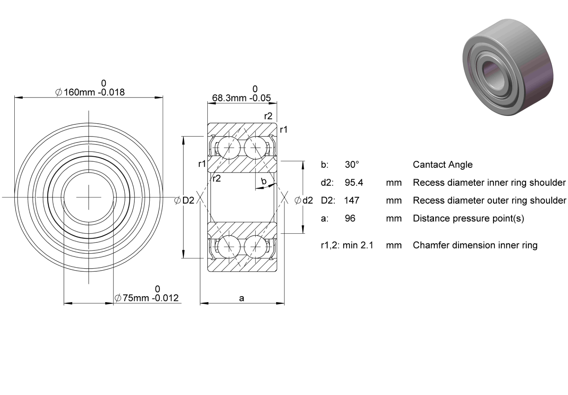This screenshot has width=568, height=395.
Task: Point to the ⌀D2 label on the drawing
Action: pos(184,200)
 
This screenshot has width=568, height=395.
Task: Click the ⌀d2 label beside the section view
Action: pos(304,200)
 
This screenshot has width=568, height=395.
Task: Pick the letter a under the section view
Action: pos(241,298)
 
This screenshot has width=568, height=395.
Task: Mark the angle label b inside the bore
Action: pos(264,181)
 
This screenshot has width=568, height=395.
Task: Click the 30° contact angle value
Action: pos(352,164)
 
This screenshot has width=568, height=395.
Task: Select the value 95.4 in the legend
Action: pos(354,183)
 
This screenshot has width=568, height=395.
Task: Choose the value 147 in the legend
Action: pos(352,200)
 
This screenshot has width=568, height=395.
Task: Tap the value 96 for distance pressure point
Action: pos(350,218)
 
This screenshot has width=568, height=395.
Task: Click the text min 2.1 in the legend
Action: pos(358,245)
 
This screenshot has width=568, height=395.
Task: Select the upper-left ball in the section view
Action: pos(229,148)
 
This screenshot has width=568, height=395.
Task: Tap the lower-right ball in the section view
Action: pos(256,247)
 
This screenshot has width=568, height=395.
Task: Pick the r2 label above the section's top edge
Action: pos(268,116)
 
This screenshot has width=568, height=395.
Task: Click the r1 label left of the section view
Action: pos(202,164)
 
